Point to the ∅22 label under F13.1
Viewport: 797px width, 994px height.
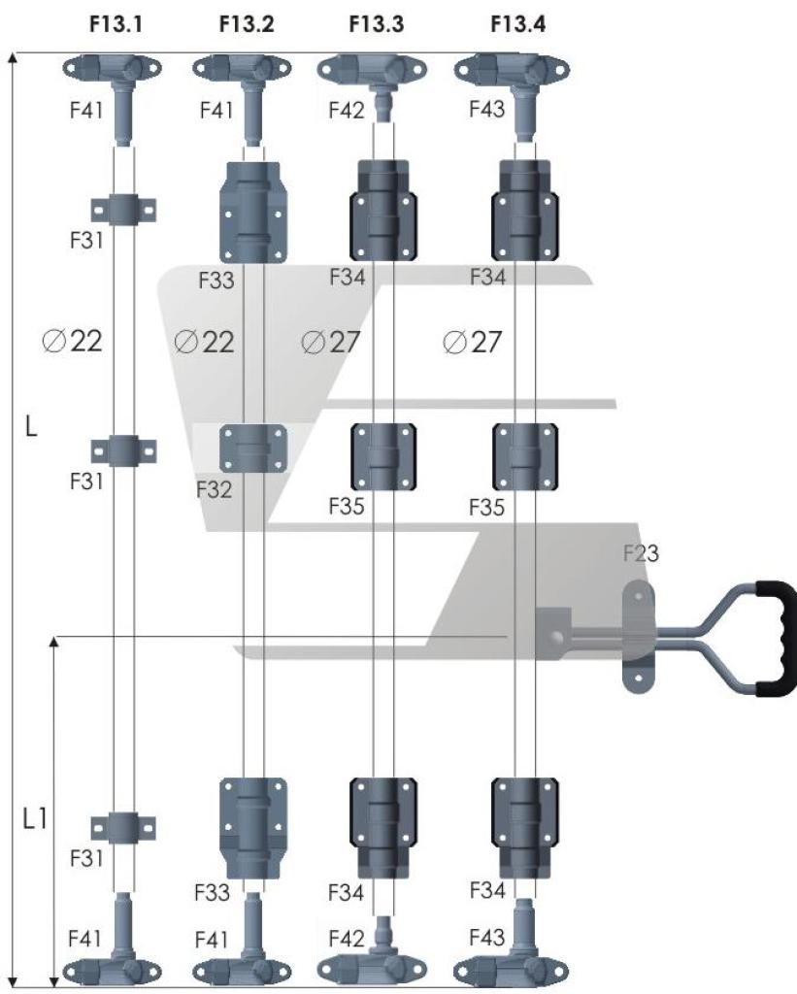click(74, 342)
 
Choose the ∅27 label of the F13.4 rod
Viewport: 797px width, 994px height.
click(470, 343)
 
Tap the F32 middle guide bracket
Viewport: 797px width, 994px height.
click(254, 448)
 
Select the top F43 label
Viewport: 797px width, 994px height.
click(485, 110)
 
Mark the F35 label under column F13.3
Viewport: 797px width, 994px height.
click(348, 506)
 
